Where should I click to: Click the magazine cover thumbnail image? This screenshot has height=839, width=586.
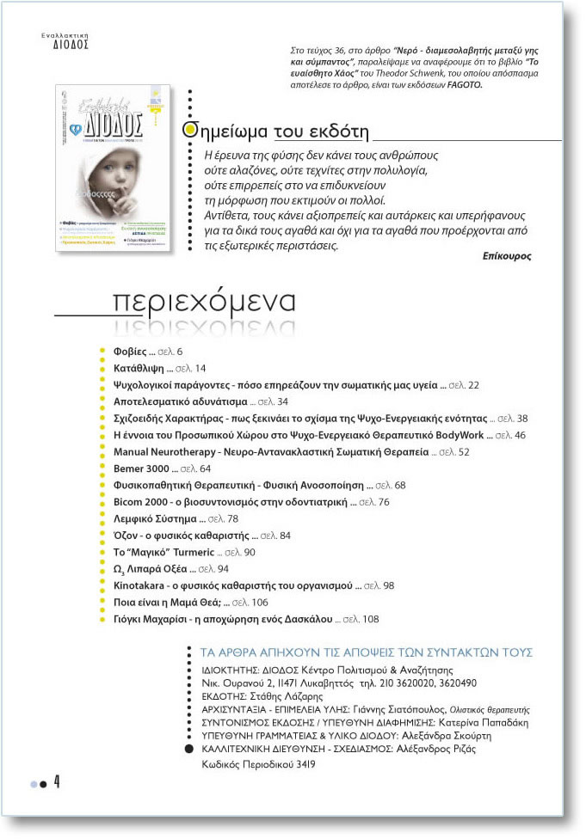click(113, 168)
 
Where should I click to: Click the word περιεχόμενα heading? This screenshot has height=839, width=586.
click(204, 302)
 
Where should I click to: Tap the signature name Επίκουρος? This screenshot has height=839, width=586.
click(508, 256)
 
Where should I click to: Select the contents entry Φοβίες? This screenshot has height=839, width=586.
click(131, 352)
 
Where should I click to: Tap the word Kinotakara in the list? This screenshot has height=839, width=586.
click(142, 585)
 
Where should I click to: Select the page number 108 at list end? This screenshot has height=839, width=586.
click(371, 619)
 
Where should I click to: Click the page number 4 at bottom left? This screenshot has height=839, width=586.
click(57, 782)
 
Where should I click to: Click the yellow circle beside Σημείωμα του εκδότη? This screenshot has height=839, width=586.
click(194, 130)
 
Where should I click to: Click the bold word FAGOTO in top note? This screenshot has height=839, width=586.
click(466, 85)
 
